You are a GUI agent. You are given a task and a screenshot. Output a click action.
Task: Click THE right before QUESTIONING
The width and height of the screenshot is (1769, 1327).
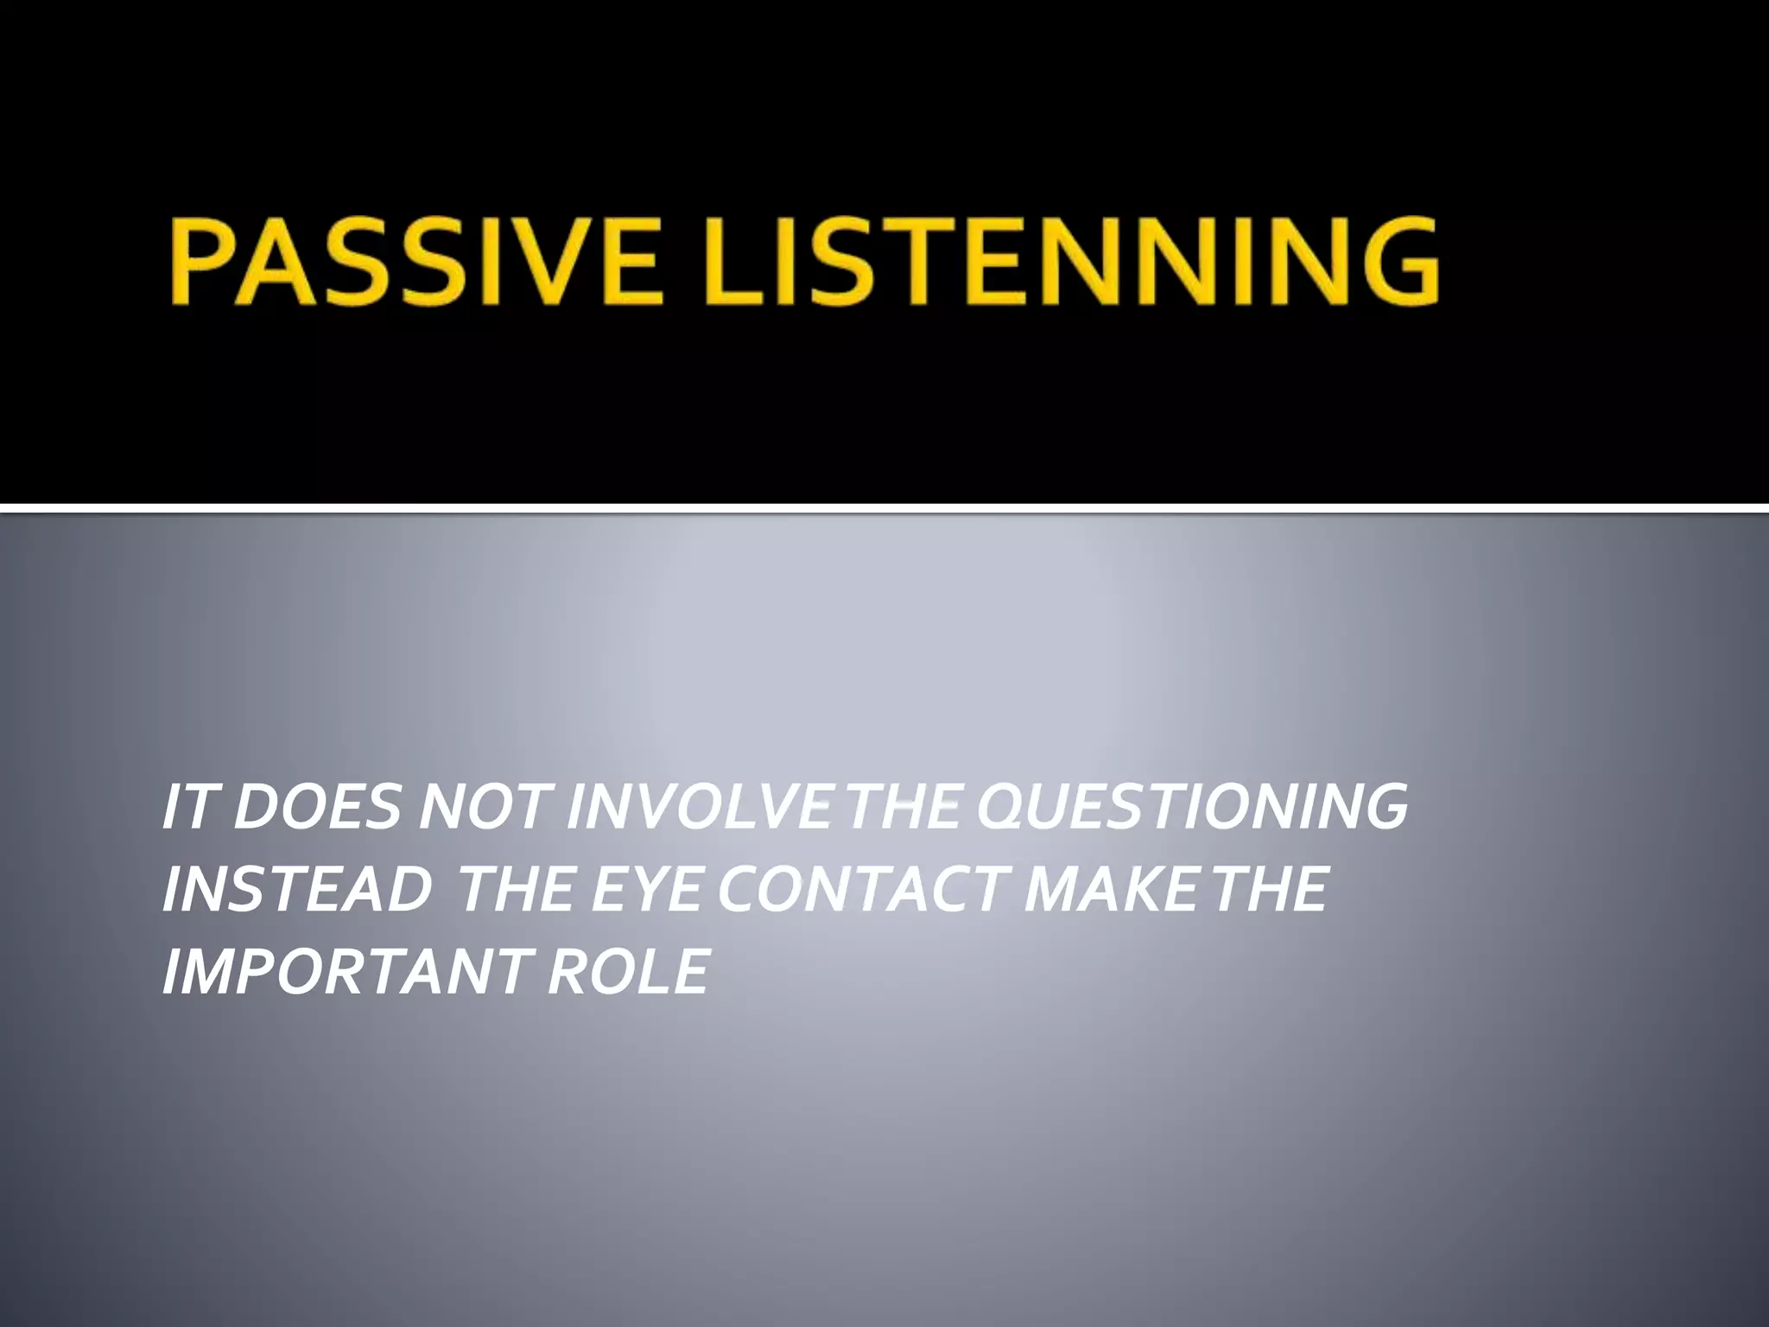tap(904, 808)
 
